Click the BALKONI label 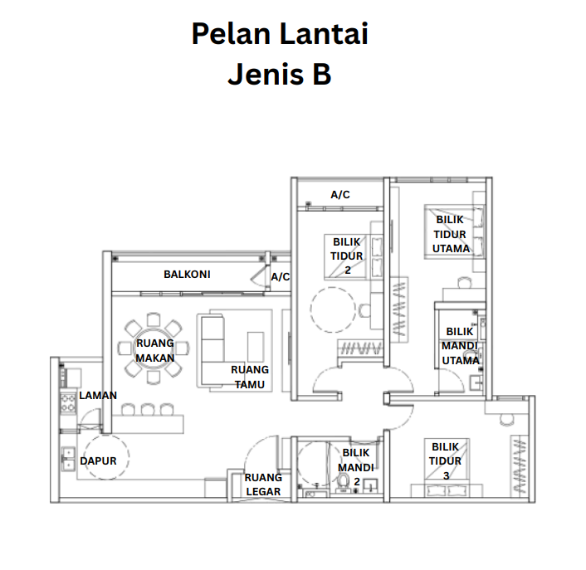[187, 274]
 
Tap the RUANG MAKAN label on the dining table [154, 350]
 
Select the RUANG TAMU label [250, 377]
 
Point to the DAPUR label [98, 461]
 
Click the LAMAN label [98, 395]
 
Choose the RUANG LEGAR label [263, 485]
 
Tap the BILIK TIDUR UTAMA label [451, 234]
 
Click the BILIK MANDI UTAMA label [461, 346]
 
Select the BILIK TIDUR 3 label [445, 461]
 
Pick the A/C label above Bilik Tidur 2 [340, 195]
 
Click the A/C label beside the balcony [281, 277]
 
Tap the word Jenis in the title [266, 74]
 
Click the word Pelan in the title [231, 34]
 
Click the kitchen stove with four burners [68, 402]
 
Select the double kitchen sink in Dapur [68, 459]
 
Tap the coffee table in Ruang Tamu [256, 347]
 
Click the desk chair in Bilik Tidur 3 [506, 420]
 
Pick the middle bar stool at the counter [148, 409]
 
